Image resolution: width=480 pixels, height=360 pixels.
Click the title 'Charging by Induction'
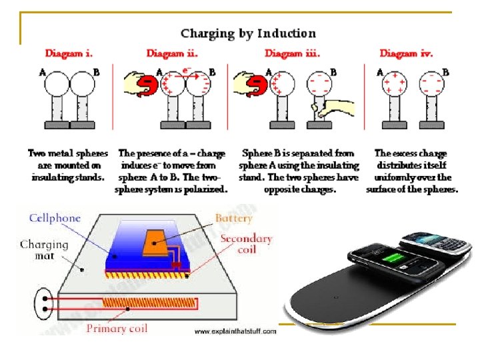[247, 33]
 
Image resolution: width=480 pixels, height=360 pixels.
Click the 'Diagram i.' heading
[69, 53]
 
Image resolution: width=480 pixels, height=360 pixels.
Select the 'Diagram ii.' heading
[171, 53]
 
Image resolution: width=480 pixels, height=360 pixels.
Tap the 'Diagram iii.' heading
[290, 53]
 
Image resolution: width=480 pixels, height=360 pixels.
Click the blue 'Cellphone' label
[55, 218]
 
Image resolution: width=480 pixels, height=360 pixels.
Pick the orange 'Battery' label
[233, 218]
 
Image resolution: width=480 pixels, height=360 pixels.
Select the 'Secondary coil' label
[246, 244]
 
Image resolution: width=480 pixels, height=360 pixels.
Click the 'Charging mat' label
[44, 250]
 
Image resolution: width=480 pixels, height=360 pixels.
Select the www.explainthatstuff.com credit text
[235, 331]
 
